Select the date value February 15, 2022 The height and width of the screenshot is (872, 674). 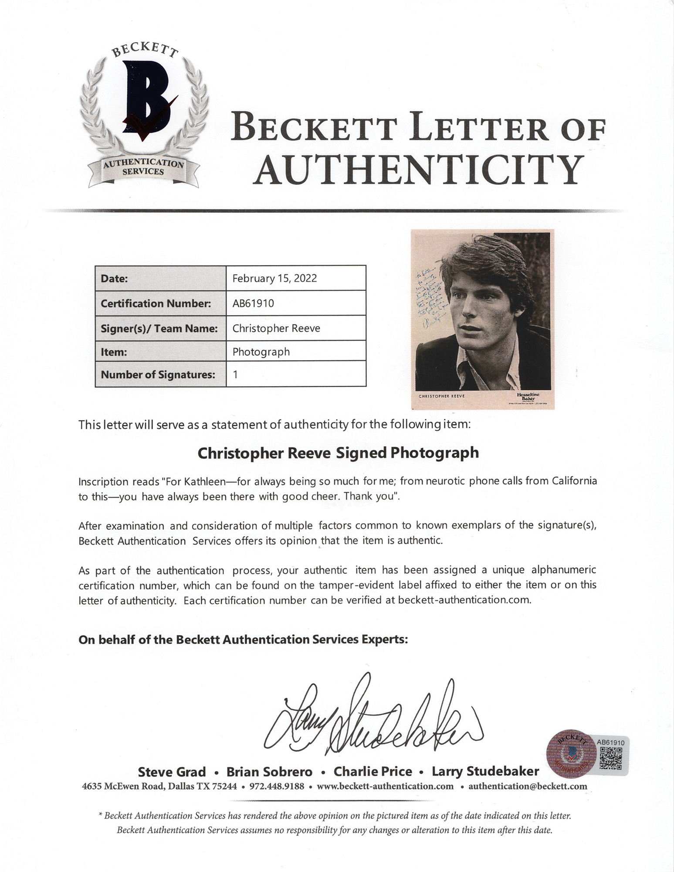coord(274,278)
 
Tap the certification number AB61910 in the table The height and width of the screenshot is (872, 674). coord(253,303)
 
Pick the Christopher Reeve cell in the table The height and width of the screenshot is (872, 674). coord(276,328)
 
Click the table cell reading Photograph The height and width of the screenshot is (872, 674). coord(261,351)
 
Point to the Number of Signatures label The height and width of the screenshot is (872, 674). coord(158,375)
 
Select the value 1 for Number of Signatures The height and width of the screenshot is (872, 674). coord(235,375)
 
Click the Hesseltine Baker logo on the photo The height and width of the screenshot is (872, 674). coord(528,397)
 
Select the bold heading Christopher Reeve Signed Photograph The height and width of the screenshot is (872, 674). coord(338,453)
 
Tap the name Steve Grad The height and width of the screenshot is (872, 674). coord(172,772)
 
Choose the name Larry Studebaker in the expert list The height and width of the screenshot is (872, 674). coord(485,771)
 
